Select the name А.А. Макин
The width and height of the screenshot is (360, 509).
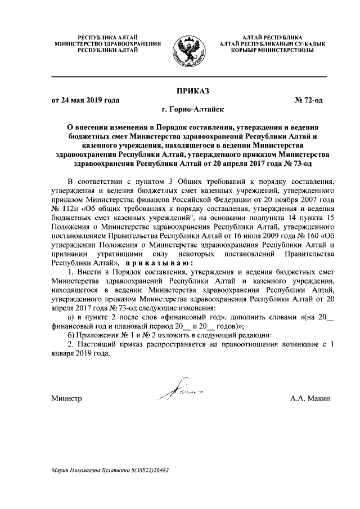310,398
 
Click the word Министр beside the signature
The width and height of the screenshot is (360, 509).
66,398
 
